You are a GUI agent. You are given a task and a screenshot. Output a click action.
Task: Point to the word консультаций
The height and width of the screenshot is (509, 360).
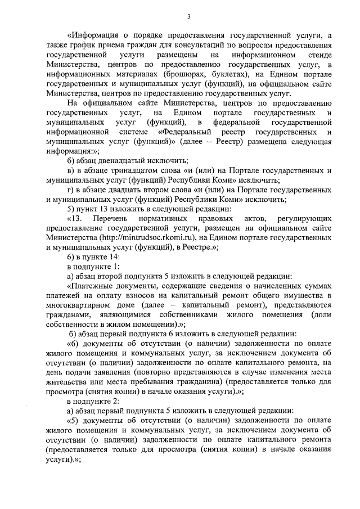(x=186, y=46)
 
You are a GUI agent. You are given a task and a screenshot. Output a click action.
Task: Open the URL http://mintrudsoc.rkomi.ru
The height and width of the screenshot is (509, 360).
(x=147, y=238)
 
